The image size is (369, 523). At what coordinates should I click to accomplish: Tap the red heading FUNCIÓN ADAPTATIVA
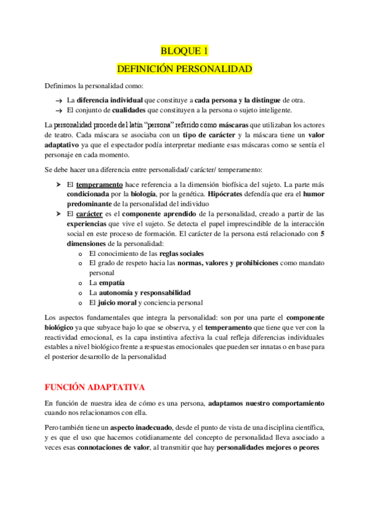(x=94, y=387)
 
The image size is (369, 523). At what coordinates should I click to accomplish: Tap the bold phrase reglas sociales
(x=182, y=253)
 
